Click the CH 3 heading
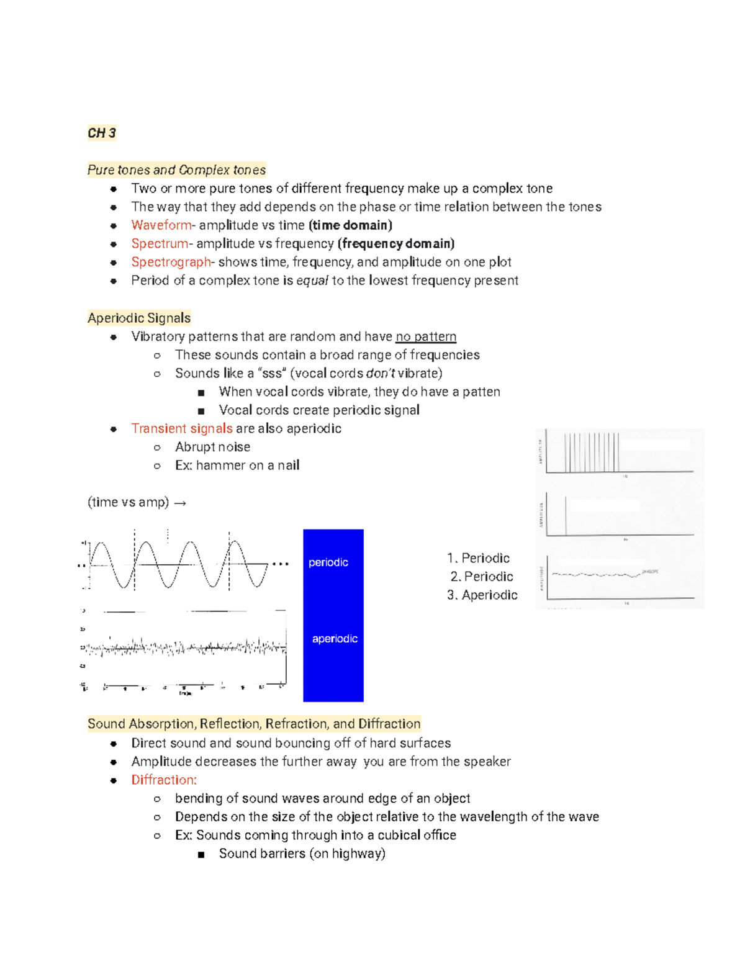(101, 133)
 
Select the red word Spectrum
(159, 244)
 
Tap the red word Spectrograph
(171, 262)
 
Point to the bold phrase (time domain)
(350, 225)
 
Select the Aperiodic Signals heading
(139, 318)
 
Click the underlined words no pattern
(425, 336)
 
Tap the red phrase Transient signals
(181, 428)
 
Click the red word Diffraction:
(164, 780)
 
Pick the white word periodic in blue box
(328, 562)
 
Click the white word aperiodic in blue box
(335, 639)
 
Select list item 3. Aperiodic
(482, 595)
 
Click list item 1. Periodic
(478, 558)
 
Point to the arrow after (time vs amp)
(180, 503)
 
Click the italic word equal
(312, 281)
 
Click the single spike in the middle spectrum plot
(566, 515)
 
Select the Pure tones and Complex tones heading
(176, 170)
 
